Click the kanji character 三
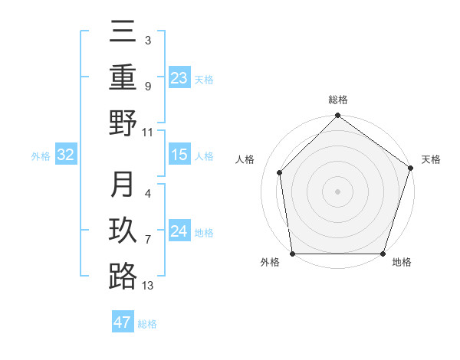123,32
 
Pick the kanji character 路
123,277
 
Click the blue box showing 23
179,77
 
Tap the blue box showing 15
179,155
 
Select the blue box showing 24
179,231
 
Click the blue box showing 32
66,155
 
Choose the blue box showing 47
123,322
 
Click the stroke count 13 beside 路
148,286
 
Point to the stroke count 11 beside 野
148,132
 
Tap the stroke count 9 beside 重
147,87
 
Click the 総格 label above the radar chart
337,100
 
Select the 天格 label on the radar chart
432,160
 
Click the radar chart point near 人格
280,172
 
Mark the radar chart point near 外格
293,254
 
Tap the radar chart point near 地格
383,254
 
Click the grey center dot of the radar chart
337,191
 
